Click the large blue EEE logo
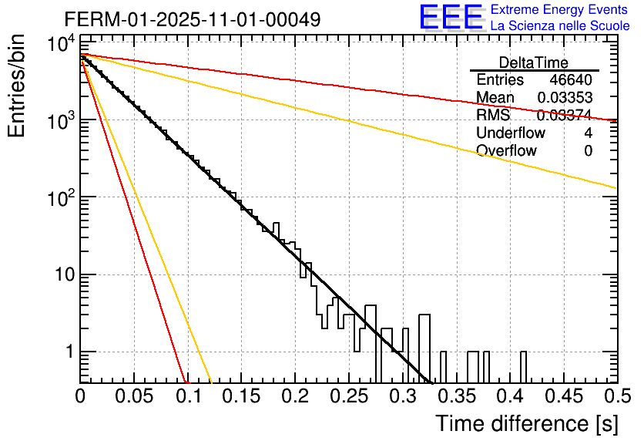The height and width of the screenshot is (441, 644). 451,18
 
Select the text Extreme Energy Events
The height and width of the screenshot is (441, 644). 559,10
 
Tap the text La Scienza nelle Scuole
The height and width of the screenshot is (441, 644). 559,26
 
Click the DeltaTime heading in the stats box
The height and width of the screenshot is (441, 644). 534,62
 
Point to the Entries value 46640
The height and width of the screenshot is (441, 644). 571,80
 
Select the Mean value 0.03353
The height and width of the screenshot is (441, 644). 565,98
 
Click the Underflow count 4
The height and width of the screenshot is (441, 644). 588,133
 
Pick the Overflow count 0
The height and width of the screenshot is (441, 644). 588,151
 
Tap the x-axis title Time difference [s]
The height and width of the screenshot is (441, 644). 526,423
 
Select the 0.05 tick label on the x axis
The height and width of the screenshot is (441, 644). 134,396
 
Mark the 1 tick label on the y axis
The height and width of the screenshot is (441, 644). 68,352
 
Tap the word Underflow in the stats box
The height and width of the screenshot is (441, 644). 511,133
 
